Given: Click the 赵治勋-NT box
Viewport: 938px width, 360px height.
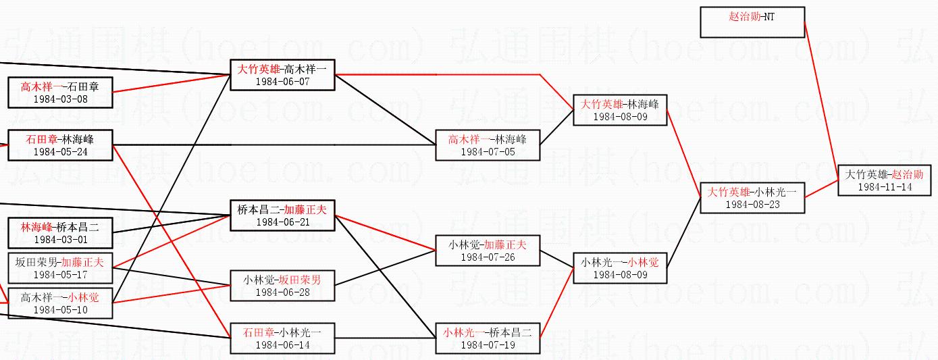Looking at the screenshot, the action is [x=752, y=22].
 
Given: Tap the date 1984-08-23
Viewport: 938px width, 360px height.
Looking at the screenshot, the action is [x=752, y=204].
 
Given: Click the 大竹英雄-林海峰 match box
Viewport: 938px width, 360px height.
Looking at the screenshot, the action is [x=620, y=110].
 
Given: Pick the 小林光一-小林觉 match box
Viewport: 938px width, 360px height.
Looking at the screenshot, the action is [x=620, y=268].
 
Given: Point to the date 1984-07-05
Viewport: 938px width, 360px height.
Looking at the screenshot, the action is [x=488, y=152].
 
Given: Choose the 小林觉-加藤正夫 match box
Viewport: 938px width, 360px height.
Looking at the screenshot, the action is [x=488, y=251].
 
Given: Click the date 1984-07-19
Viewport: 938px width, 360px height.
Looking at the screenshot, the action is [x=488, y=345].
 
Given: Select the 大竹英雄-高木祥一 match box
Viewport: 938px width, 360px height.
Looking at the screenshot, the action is [x=282, y=75].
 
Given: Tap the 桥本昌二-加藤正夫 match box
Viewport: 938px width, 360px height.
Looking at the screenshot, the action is [x=282, y=215].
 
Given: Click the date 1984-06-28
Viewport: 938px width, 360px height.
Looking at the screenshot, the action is [x=282, y=292].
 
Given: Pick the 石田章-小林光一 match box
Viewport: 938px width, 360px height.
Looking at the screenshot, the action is [x=282, y=338].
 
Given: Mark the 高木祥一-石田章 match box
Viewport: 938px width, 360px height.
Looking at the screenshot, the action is [x=60, y=93].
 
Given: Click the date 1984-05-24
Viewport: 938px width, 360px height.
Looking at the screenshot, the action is [x=60, y=152].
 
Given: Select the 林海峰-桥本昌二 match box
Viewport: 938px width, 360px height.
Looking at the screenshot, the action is [x=60, y=233].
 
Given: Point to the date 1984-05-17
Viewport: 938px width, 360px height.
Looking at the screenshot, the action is [x=60, y=275].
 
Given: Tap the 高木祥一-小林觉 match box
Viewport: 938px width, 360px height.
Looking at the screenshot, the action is [x=60, y=303].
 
